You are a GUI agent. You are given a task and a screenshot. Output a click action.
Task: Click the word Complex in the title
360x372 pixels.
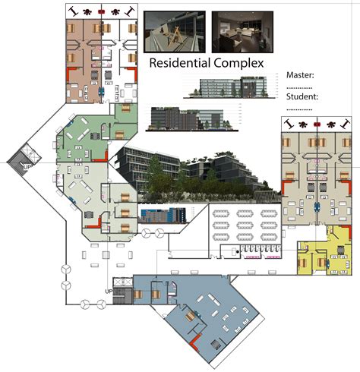(x=238, y=64)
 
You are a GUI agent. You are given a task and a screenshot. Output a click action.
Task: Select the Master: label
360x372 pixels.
(x=302, y=74)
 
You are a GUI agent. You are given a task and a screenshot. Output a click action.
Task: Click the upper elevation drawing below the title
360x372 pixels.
(x=233, y=89)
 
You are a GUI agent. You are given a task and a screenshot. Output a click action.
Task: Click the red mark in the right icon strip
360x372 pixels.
(x=315, y=122)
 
